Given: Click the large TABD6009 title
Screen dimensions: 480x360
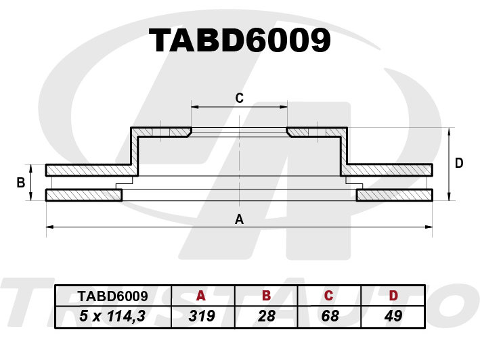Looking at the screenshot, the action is coord(240,41).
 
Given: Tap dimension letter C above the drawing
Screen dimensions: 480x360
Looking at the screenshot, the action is coord(240,98).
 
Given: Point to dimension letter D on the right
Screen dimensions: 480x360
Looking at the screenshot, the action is coord(459,163).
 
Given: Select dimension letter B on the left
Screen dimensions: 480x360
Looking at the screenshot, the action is coord(21,183).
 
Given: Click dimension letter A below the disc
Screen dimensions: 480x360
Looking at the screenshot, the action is coord(239,219).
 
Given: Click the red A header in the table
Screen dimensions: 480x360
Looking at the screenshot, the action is coord(201,296).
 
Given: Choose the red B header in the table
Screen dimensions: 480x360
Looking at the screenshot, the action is coord(266,296).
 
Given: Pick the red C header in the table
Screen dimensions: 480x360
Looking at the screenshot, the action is coord(328,296).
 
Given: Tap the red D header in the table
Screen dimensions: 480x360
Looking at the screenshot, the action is coord(393,296).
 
